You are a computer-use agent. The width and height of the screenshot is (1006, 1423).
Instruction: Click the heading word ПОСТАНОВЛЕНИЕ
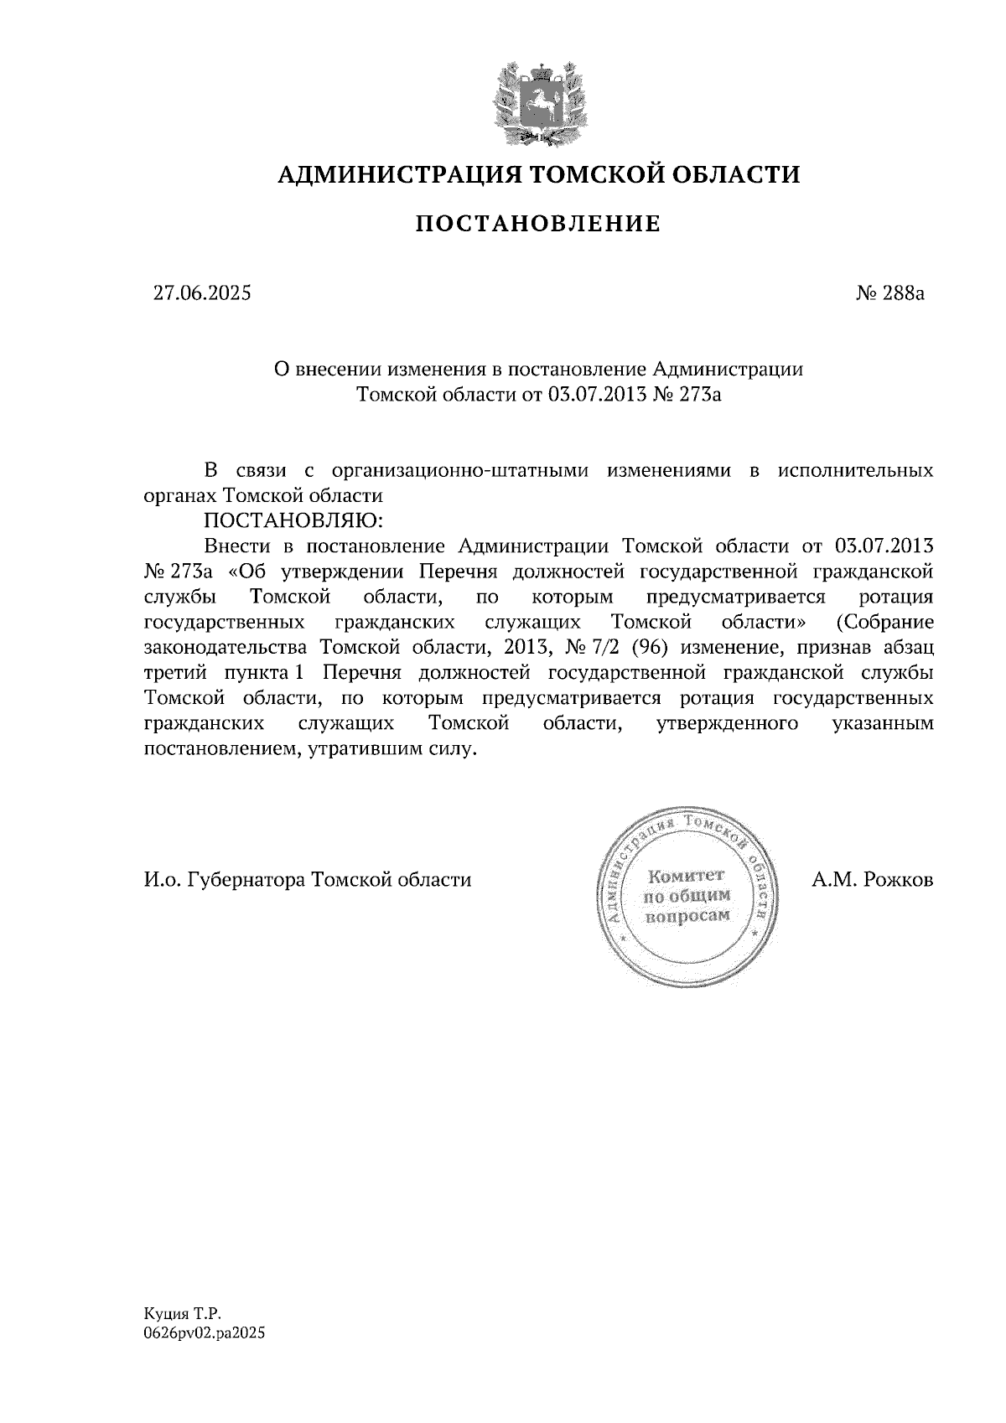coord(538,224)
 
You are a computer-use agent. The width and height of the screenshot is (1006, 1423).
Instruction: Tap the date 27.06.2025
coord(201,293)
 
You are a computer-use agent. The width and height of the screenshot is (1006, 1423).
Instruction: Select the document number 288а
coord(903,293)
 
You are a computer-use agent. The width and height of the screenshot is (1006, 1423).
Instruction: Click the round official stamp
coord(686,897)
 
